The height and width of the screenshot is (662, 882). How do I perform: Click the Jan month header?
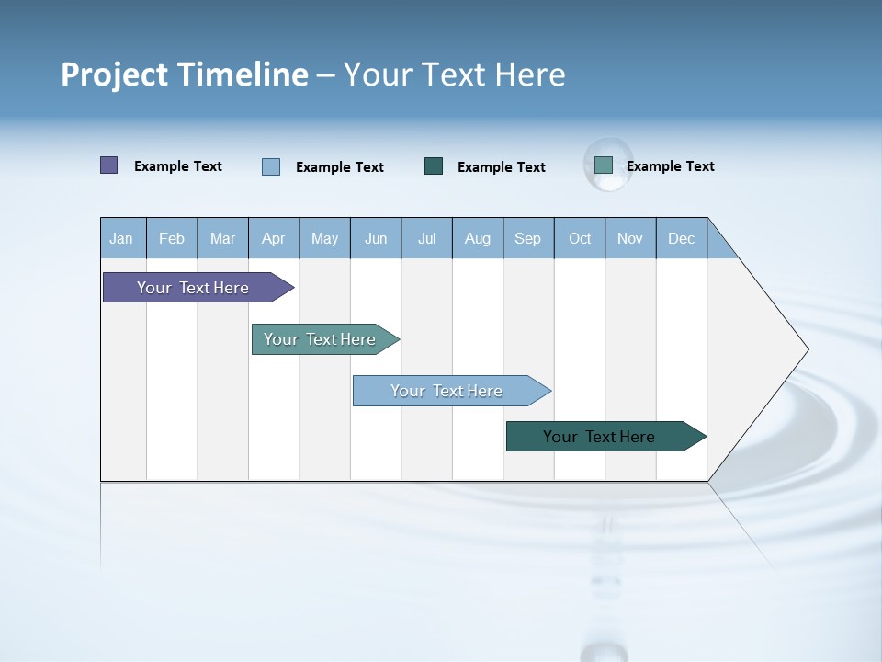pyautogui.click(x=121, y=238)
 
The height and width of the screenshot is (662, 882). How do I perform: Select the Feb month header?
pyautogui.click(x=172, y=238)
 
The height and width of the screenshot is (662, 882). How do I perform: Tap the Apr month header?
pyautogui.click(x=273, y=238)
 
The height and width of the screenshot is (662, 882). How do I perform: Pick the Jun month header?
pyautogui.click(x=376, y=238)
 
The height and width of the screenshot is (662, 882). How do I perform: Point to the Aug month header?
pyautogui.click(x=478, y=238)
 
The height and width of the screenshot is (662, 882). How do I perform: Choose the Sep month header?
pyautogui.click(x=527, y=238)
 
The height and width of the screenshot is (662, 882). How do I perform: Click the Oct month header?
pyautogui.click(x=580, y=238)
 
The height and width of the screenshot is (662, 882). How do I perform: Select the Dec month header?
pyautogui.click(x=681, y=238)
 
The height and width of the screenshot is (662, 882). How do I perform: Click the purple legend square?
pyautogui.click(x=108, y=165)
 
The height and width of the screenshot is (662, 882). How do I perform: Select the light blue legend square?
pyautogui.click(x=271, y=166)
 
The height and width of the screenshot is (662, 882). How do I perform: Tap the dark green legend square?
pyautogui.click(x=434, y=166)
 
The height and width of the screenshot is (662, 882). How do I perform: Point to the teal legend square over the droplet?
pyautogui.click(x=604, y=165)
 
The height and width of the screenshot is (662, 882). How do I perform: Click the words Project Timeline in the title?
pyautogui.click(x=185, y=74)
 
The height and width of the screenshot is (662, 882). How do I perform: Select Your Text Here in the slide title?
pyautogui.click(x=454, y=74)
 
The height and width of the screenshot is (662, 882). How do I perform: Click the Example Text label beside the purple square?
pyautogui.click(x=178, y=166)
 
